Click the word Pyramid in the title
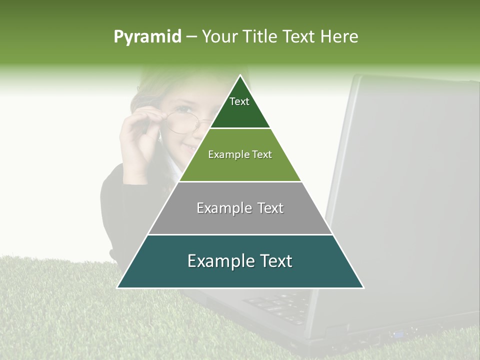(147, 37)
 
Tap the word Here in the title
(339, 37)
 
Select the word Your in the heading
(220, 37)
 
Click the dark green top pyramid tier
(240, 112)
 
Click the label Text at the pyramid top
(239, 101)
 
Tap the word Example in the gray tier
(225, 208)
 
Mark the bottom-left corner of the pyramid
(117, 287)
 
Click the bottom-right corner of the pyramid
(363, 287)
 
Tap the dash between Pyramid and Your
(191, 37)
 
